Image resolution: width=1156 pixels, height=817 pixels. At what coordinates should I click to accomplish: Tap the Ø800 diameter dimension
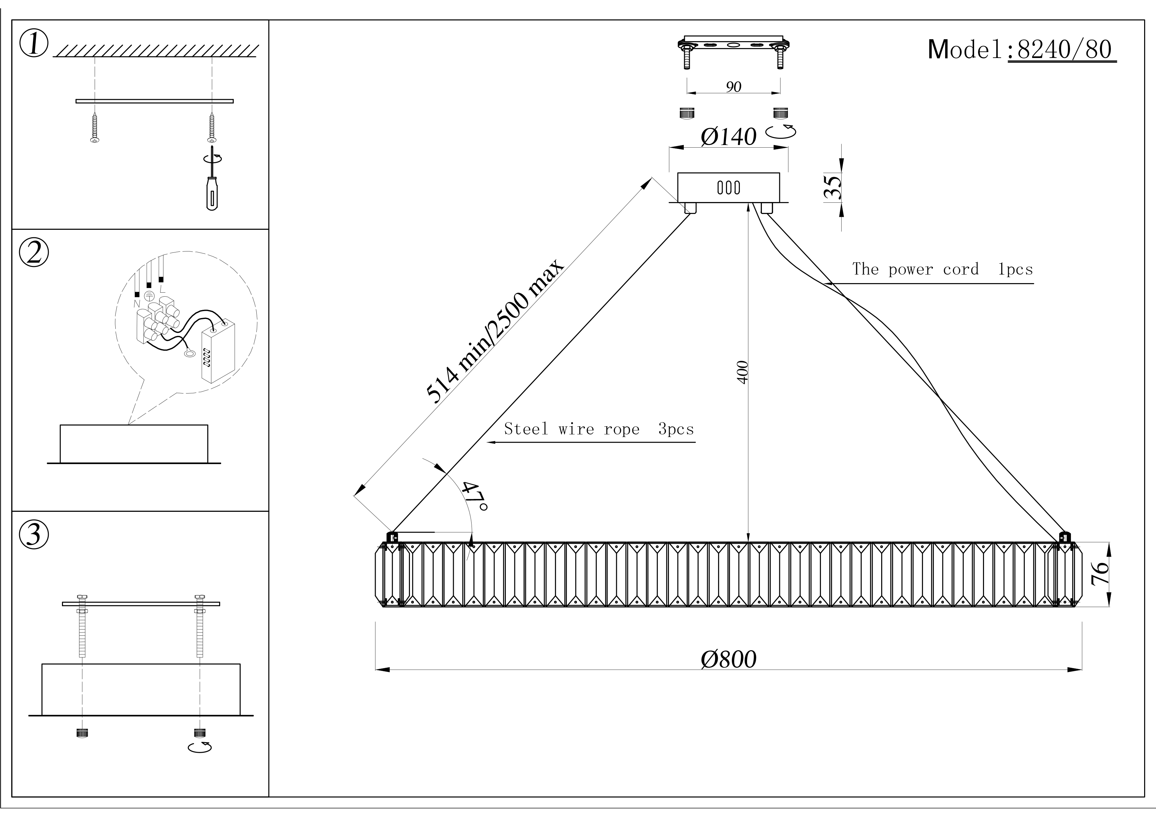[x=729, y=659]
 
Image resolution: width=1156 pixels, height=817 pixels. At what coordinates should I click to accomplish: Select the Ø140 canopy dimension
[x=729, y=136]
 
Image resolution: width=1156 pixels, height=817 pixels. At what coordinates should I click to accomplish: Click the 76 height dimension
[x=1100, y=574]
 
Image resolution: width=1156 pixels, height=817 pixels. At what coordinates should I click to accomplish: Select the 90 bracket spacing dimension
[x=734, y=87]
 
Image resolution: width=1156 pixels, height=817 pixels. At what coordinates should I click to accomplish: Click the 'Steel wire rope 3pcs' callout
[x=599, y=429]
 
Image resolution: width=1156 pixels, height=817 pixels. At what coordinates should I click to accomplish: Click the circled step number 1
[x=34, y=44]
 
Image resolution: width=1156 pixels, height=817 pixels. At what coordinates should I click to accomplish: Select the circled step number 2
[x=34, y=253]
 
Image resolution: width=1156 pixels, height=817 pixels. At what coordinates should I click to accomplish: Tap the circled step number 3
[x=34, y=535]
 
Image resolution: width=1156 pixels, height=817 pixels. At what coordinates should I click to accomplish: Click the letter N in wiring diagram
[x=136, y=304]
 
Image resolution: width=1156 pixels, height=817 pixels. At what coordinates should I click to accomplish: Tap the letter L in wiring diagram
[x=161, y=289]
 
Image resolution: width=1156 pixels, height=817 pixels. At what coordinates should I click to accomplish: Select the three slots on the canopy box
[x=729, y=188]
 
